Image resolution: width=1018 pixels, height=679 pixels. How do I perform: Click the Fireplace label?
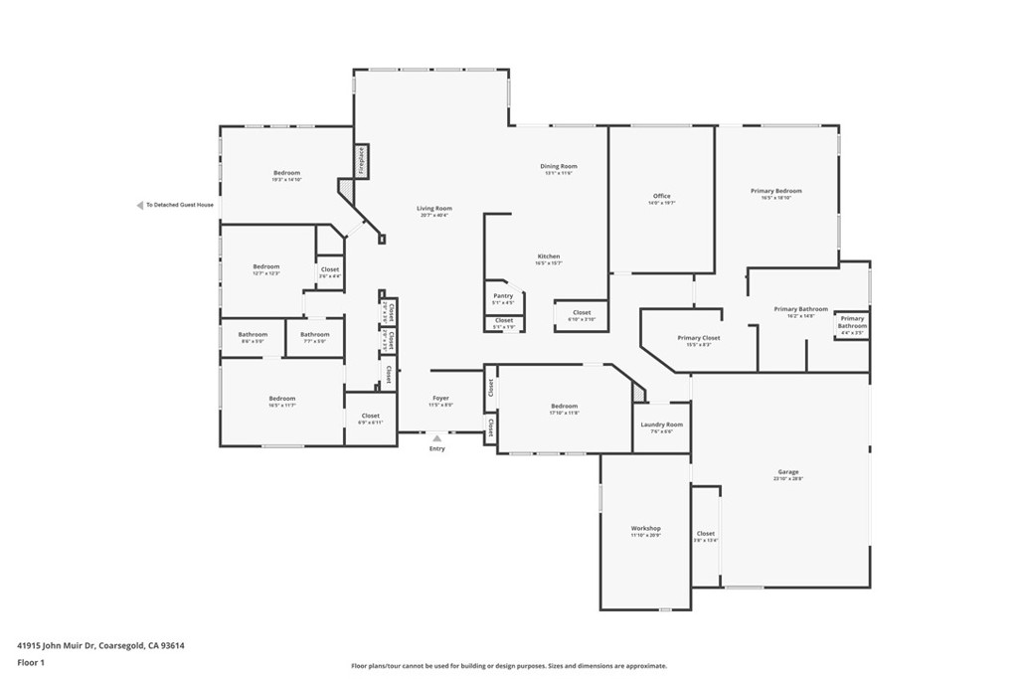coord(362,161)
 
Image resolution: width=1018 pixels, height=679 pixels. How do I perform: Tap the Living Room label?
coord(434,209)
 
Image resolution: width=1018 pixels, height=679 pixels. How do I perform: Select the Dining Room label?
coord(559,167)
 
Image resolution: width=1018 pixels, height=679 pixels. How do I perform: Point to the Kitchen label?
coord(549,256)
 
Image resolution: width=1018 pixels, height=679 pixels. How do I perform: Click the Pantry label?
coord(503,295)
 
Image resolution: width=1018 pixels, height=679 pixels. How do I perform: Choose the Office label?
coord(662,196)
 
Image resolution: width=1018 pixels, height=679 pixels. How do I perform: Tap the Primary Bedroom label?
coord(775,191)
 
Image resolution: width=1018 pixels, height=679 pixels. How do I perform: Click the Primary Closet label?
coord(699,338)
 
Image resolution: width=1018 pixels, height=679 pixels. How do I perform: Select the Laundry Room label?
coord(661,424)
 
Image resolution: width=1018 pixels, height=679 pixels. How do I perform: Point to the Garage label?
coord(788,472)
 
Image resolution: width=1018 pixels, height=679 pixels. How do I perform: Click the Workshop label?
coord(645,528)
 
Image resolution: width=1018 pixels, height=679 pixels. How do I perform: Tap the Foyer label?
coord(440,399)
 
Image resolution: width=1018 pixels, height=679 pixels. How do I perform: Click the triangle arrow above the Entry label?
coord(436,436)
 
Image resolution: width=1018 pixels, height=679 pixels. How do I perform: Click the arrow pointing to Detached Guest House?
coord(140,206)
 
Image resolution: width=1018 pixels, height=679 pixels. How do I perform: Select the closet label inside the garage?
coord(706,534)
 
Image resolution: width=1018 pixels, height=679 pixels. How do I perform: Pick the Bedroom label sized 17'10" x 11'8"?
coord(564,406)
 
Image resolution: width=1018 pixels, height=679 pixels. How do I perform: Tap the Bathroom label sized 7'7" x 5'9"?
coord(315,335)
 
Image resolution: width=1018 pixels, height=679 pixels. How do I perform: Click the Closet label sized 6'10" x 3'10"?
coord(582,313)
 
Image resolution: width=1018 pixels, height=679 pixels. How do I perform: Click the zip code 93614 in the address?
coord(173,645)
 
